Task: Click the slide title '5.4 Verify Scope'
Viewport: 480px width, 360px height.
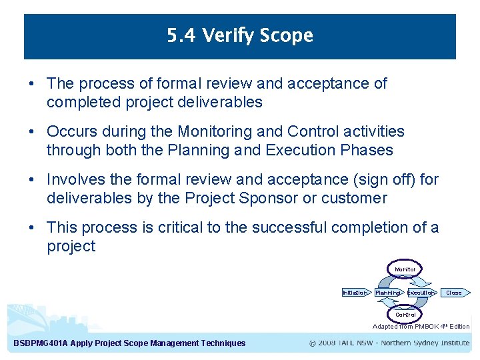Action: click(x=240, y=35)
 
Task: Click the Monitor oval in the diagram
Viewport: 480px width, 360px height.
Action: click(x=405, y=269)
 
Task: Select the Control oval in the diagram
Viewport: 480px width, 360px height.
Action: click(x=405, y=314)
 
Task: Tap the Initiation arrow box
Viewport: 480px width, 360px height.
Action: click(x=355, y=292)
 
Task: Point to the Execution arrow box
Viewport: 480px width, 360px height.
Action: click(x=421, y=292)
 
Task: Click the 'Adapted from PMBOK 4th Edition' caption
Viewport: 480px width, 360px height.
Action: click(x=421, y=327)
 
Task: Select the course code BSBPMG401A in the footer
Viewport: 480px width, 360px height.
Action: click(x=40, y=343)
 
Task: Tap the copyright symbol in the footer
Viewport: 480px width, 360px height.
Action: click(x=313, y=343)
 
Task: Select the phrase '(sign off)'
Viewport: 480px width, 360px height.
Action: click(x=382, y=179)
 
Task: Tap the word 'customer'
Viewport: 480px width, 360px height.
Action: click(x=353, y=198)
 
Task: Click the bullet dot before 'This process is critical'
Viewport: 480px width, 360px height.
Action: click(x=32, y=227)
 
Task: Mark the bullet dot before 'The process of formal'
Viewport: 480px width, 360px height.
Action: click(x=32, y=83)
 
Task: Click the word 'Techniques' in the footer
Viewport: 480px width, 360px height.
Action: click(x=222, y=343)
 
